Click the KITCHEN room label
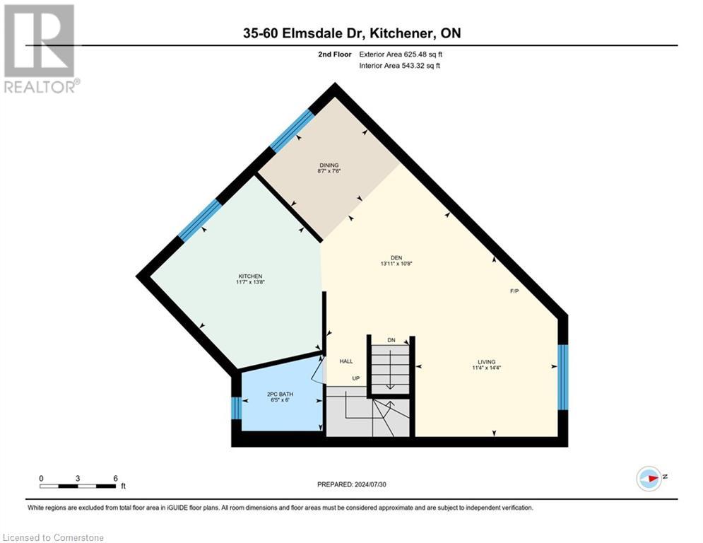click(x=250, y=276)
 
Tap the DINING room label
click(x=329, y=165)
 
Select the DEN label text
click(x=396, y=257)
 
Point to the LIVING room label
click(x=487, y=361)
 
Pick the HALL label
click(x=346, y=361)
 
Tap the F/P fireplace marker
click(x=514, y=291)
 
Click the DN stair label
click(x=391, y=340)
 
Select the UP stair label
click(x=357, y=378)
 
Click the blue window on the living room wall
click(x=562, y=377)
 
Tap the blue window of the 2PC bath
click(x=236, y=408)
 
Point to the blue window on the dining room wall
click(x=292, y=130)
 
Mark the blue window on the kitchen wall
click(x=199, y=220)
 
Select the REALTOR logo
click(x=40, y=48)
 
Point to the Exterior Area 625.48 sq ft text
click(x=401, y=54)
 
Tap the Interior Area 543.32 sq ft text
click(x=400, y=66)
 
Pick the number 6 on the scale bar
click(x=115, y=478)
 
